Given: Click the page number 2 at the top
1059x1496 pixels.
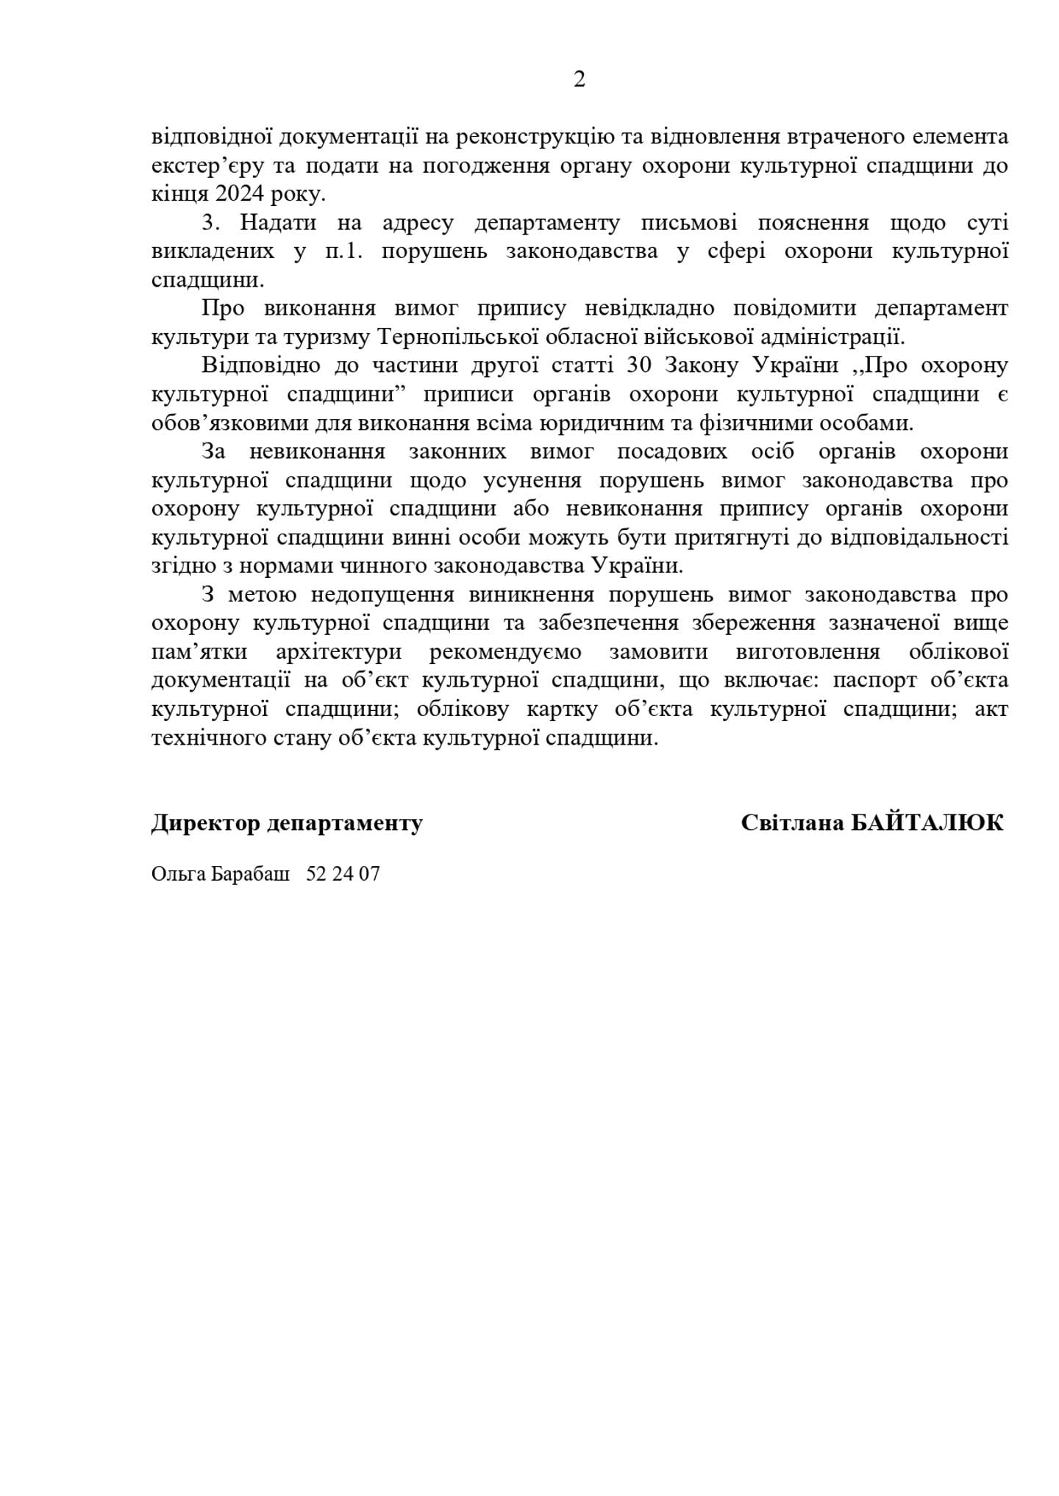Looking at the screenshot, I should [x=579, y=79].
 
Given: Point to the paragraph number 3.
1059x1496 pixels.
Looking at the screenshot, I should [x=208, y=223].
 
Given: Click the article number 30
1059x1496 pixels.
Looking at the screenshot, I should [x=635, y=365].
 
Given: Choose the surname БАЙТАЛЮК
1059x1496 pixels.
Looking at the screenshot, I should [x=927, y=823].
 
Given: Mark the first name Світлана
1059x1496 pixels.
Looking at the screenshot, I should [x=792, y=823].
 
